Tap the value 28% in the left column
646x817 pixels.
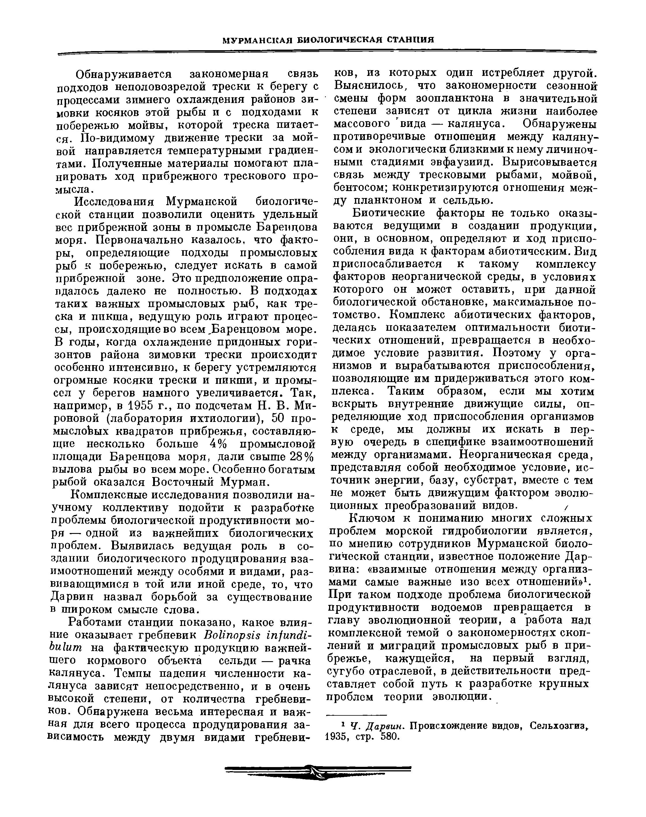point(301,457)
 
